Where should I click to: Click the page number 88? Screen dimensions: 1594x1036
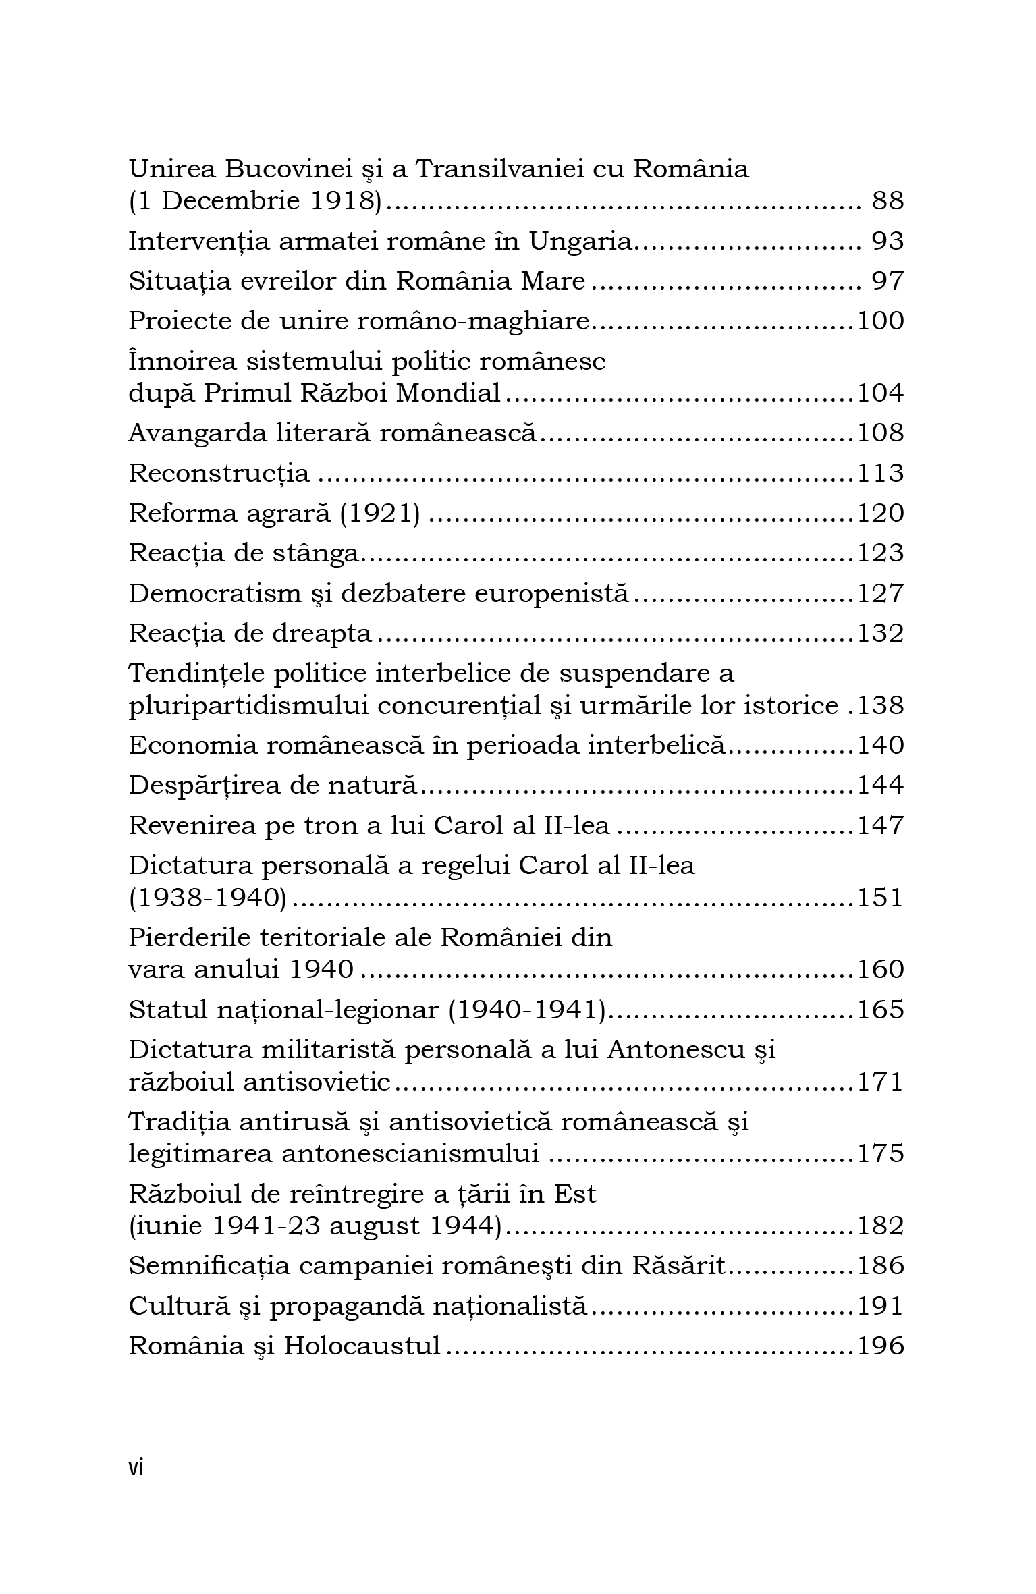pos(888,201)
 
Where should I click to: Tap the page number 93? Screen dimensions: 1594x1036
pos(888,241)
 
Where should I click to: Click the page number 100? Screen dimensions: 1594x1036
pos(880,321)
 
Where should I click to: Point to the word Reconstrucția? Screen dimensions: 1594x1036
pos(219,474)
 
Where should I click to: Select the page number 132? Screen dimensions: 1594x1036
pos(880,634)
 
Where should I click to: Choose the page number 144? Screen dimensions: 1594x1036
pos(880,786)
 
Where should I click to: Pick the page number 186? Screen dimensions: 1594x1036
pos(880,1265)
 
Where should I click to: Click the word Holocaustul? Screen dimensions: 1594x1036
pos(362,1346)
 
